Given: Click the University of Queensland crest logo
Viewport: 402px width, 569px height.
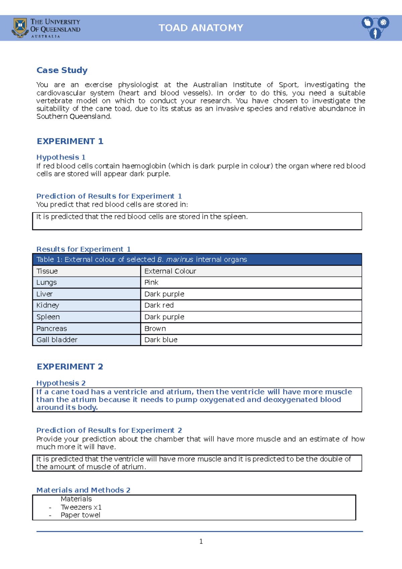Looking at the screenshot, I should [20, 27].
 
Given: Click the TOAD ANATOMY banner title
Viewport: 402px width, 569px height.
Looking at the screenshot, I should [201, 28].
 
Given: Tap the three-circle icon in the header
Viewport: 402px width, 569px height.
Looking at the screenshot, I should [375, 27].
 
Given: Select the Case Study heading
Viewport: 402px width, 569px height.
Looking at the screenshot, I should [62, 70].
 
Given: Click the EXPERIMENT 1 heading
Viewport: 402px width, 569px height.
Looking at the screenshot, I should [70, 141].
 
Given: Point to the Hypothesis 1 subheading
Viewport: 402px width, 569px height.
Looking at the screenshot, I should [61, 157].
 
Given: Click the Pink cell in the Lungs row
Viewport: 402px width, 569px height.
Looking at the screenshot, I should [151, 282].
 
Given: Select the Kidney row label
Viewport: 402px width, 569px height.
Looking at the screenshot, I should [48, 305].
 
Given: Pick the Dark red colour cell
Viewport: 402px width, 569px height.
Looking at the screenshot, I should [159, 305].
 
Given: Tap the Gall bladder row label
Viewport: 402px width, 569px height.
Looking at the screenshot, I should [57, 340].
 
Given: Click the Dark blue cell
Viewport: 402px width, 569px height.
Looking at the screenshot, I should [161, 340].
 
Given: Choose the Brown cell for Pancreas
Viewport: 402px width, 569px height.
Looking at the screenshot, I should [155, 328].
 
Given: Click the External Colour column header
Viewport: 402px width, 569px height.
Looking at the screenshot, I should [170, 271].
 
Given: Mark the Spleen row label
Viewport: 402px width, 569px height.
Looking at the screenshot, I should [48, 317].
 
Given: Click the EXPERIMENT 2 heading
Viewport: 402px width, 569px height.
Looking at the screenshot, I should [70, 367].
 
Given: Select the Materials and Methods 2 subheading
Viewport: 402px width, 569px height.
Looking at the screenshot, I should [83, 490].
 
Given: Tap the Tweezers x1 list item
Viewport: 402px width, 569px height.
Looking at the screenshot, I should [81, 507].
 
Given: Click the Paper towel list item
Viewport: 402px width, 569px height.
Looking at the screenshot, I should [80, 515].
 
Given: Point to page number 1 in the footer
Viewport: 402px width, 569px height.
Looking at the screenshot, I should [201, 542].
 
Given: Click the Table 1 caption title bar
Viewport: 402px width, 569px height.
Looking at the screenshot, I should [197, 260].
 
